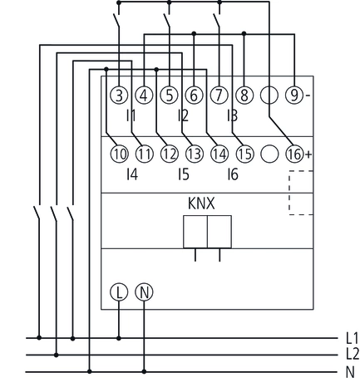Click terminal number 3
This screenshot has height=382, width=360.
(x=119, y=95)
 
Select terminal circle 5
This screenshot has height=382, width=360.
(x=169, y=95)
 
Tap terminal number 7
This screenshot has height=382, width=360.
(x=219, y=95)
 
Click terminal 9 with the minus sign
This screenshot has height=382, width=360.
(x=294, y=95)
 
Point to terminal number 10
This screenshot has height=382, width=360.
(x=119, y=154)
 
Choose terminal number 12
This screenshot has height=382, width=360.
(x=169, y=154)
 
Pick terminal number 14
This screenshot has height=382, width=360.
(x=219, y=154)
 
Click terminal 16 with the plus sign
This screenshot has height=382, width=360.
(x=294, y=154)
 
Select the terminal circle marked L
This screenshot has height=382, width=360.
(x=119, y=293)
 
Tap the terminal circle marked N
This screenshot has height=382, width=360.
(x=144, y=293)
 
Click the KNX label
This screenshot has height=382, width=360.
(x=205, y=203)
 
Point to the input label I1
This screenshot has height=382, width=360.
(x=131, y=115)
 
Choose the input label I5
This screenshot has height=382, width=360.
(x=182, y=174)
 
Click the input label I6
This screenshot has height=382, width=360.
(x=232, y=174)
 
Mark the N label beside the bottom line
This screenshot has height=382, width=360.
(x=350, y=371)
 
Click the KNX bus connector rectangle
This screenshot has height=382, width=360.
(x=206, y=231)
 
